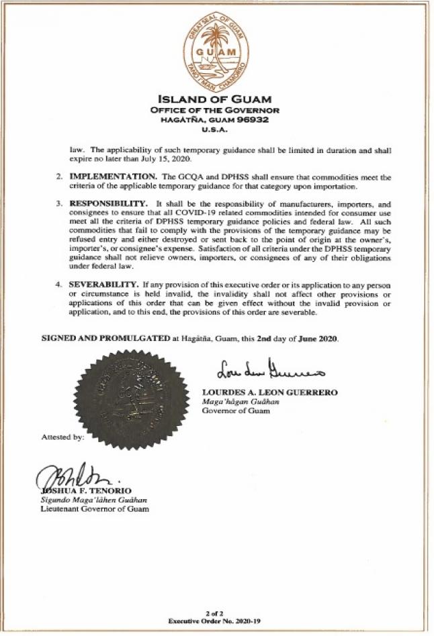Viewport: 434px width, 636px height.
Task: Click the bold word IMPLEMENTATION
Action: coord(112,176)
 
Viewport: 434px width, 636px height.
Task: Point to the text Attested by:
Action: coord(62,437)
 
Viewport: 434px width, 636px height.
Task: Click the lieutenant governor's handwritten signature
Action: coord(67,477)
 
